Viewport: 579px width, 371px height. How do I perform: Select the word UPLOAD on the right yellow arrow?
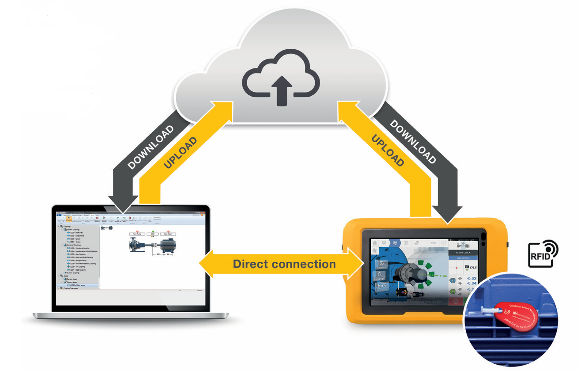[x=387, y=149]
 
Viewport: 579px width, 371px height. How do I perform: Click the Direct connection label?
[x=284, y=264]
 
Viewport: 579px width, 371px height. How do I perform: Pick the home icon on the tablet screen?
[x=375, y=242]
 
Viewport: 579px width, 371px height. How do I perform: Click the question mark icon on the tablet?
[x=443, y=242]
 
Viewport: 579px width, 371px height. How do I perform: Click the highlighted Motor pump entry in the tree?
[x=82, y=284]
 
